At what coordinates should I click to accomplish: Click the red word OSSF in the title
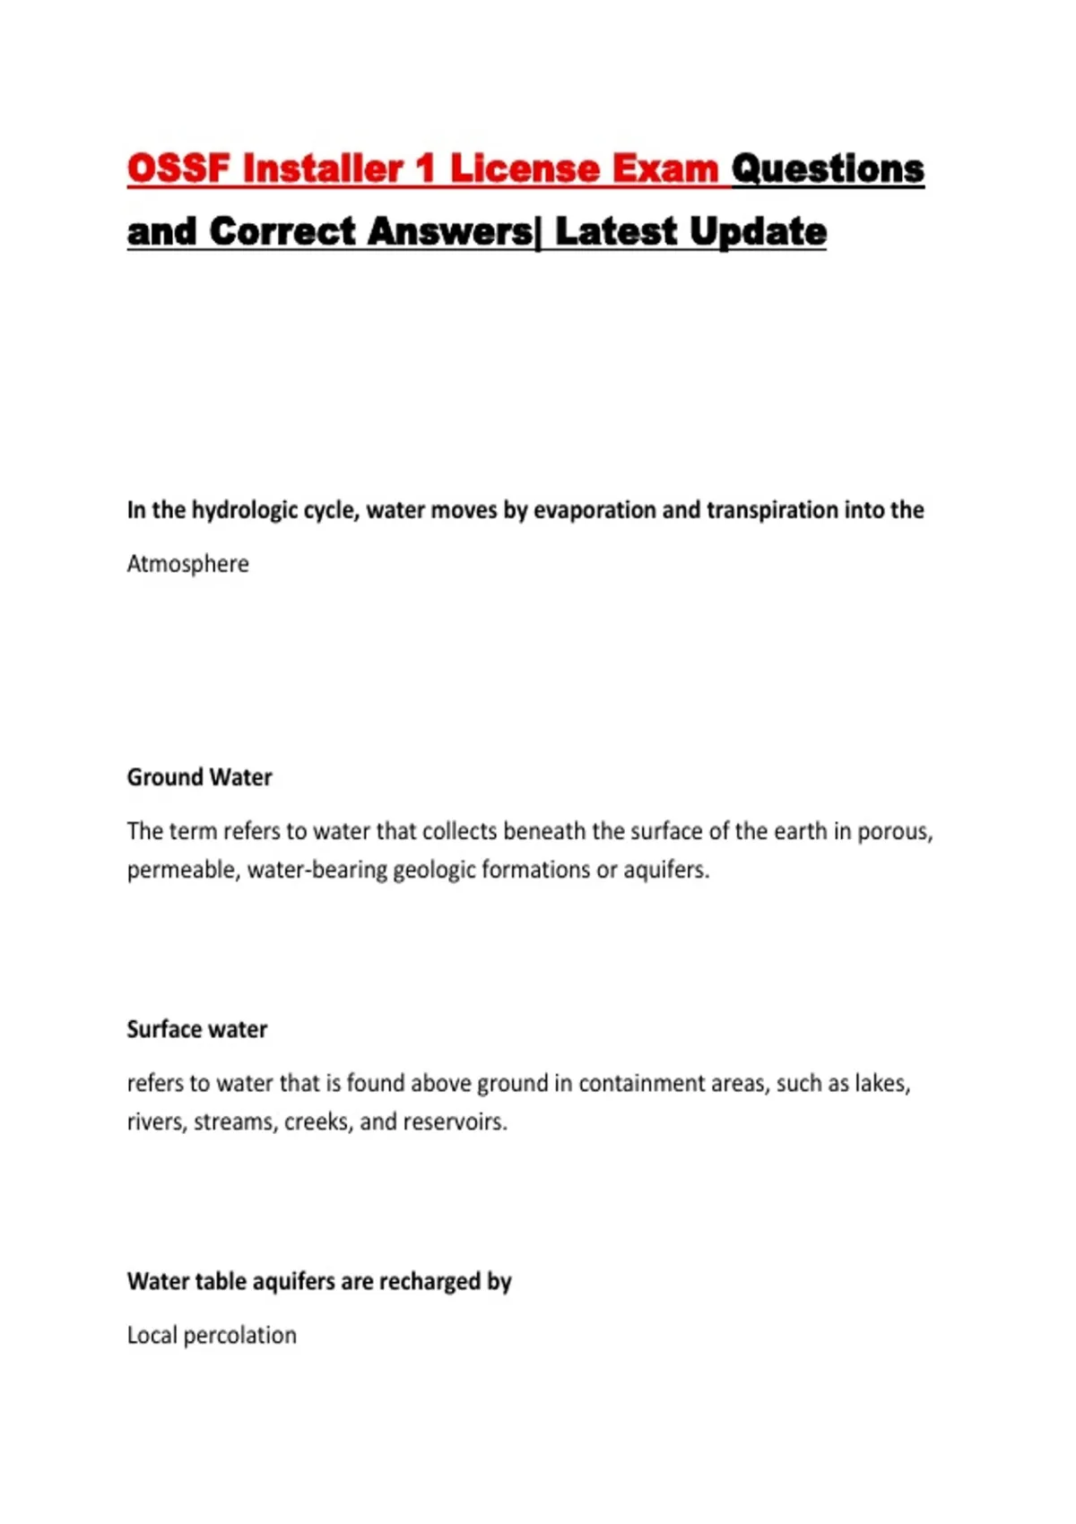[x=178, y=169]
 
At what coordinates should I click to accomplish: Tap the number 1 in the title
[x=424, y=169]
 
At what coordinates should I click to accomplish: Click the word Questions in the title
[x=828, y=169]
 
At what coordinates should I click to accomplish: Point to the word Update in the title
[x=759, y=231]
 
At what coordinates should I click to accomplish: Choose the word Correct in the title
[x=282, y=231]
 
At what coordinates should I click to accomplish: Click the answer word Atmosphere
[x=188, y=564]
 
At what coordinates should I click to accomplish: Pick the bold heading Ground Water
[x=199, y=777]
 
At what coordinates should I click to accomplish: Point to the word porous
[x=894, y=832]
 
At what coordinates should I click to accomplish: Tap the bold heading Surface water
[x=197, y=1029]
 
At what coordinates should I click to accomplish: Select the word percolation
[x=239, y=1336]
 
